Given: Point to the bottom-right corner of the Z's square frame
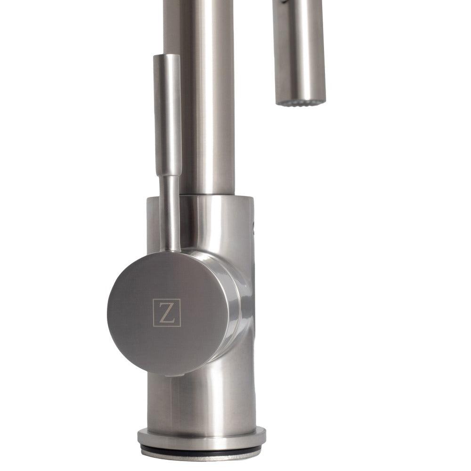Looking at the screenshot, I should point(180,325).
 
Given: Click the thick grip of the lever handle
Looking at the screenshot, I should point(167,113).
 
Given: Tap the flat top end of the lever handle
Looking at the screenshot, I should point(167,56).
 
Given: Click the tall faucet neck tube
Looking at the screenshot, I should point(207,94).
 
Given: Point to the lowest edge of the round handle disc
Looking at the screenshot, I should point(167,375).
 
